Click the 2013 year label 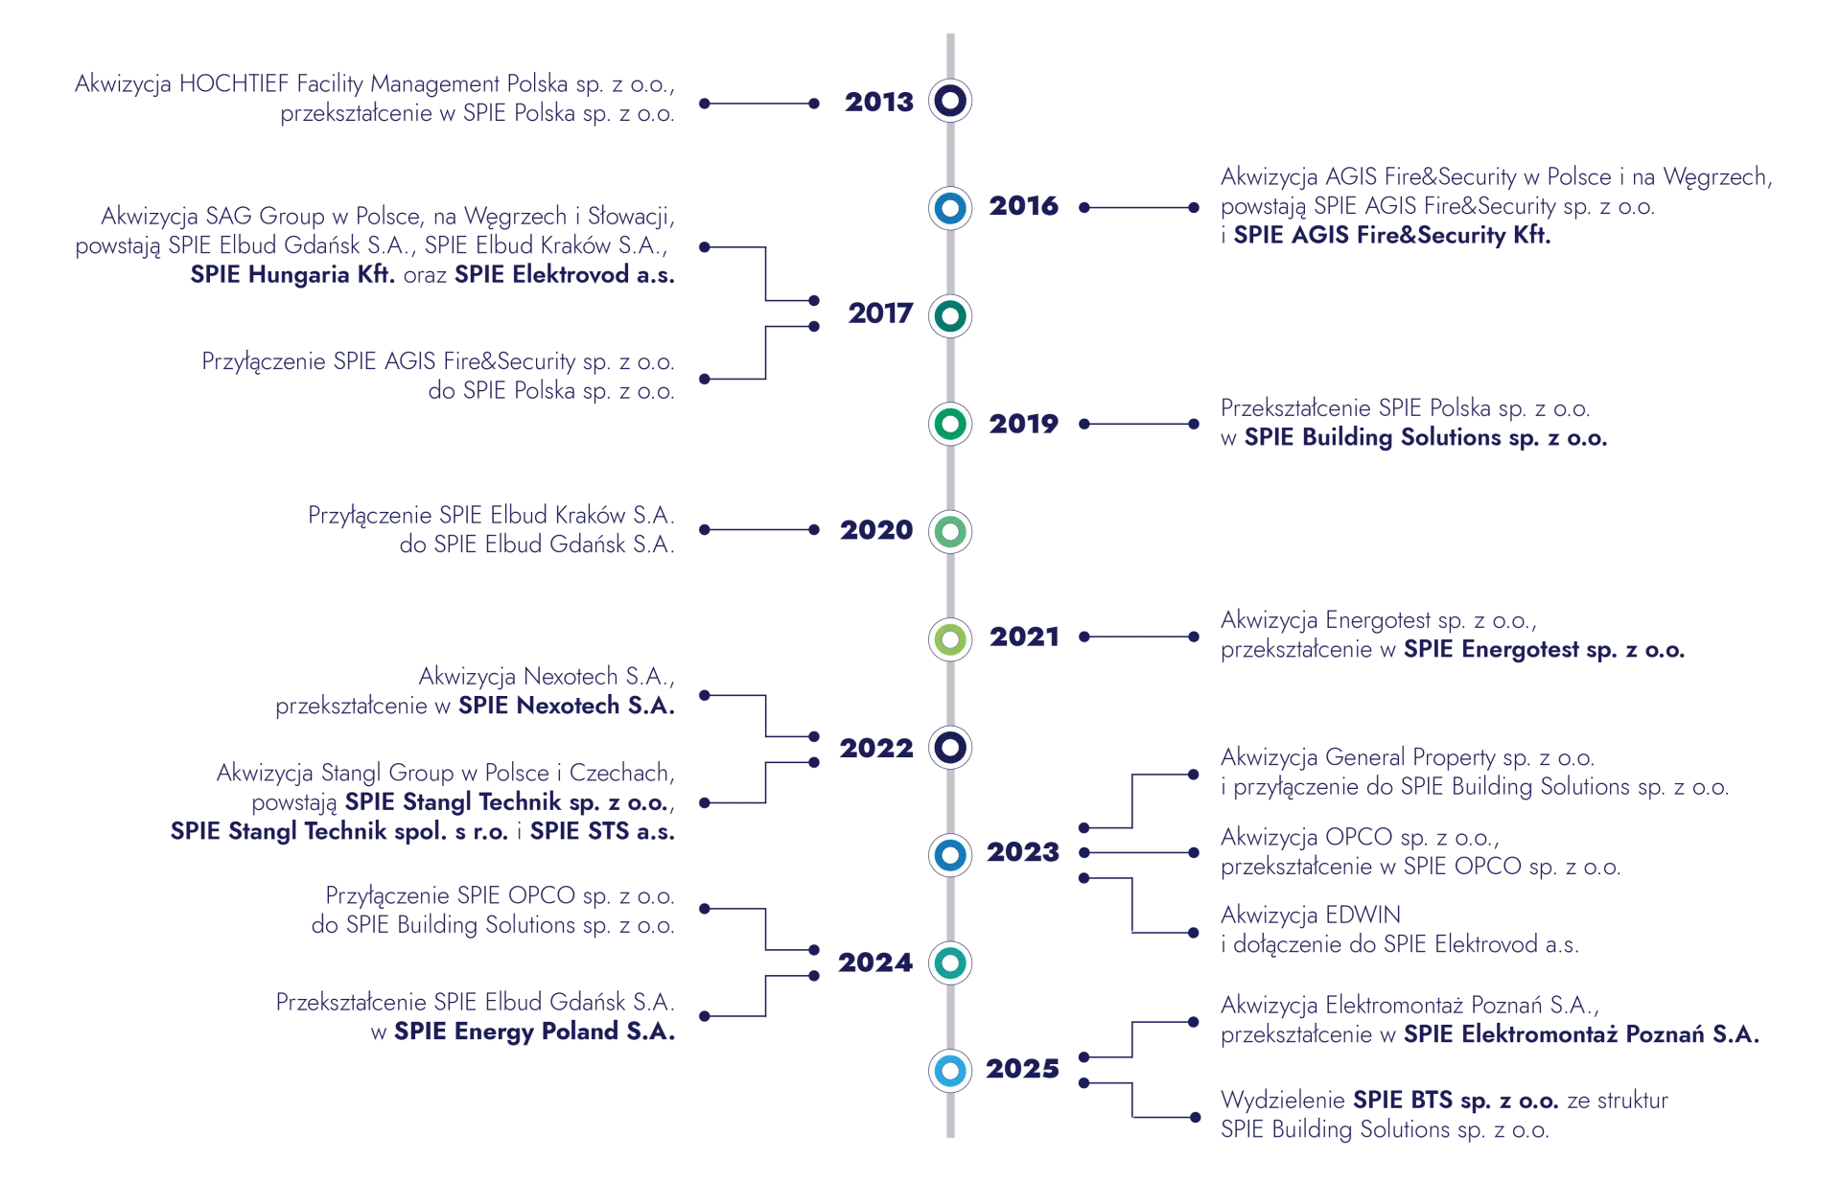(877, 102)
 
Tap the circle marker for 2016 (950, 208)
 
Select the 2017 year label (877, 314)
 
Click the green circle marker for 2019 (950, 423)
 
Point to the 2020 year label (875, 531)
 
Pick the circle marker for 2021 (950, 638)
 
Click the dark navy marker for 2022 (950, 747)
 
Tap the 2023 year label (1023, 852)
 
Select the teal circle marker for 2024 (950, 962)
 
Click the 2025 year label (1023, 1069)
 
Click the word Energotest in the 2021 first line (1379, 620)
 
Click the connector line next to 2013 (759, 102)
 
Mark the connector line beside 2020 (759, 529)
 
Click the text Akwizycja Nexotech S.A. (544, 678)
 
